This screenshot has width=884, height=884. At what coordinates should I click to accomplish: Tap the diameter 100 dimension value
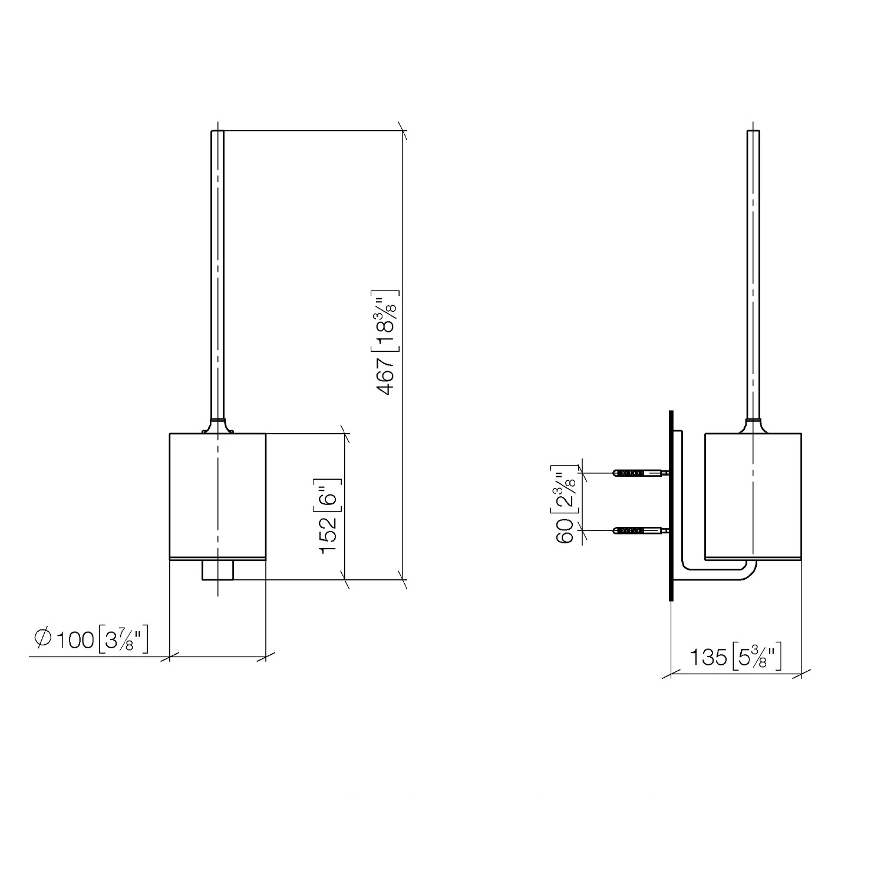pyautogui.click(x=75, y=639)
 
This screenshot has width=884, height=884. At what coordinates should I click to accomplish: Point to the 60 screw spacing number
pyautogui.click(x=565, y=531)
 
